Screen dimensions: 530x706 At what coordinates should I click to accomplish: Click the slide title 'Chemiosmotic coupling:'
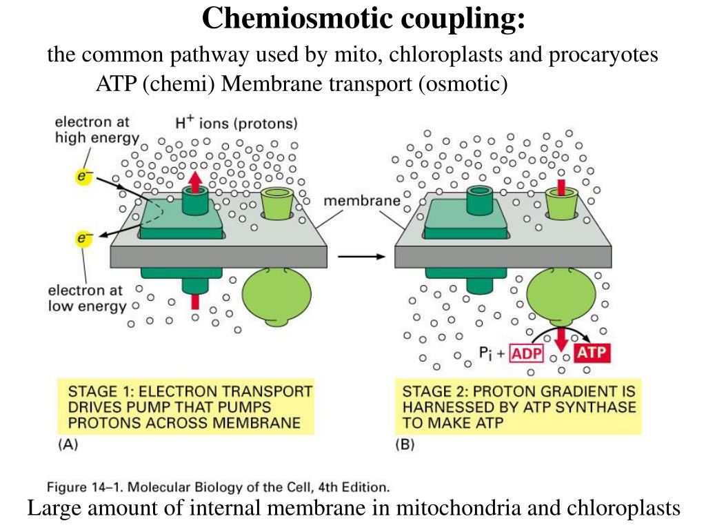pyautogui.click(x=363, y=19)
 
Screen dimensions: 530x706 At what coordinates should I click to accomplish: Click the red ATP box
pyautogui.click(x=591, y=353)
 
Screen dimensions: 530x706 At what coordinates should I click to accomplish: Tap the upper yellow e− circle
pyautogui.click(x=83, y=177)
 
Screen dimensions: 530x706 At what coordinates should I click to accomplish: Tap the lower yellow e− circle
pyautogui.click(x=83, y=239)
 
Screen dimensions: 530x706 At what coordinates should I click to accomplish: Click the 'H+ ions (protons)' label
pyautogui.click(x=236, y=124)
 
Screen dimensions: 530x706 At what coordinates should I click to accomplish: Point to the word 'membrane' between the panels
pyautogui.click(x=362, y=202)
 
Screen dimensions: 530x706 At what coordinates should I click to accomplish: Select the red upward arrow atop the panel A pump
pyautogui.click(x=195, y=181)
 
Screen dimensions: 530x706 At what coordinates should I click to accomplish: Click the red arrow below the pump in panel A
pyautogui.click(x=195, y=301)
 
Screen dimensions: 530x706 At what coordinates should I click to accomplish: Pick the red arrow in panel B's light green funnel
pyautogui.click(x=561, y=187)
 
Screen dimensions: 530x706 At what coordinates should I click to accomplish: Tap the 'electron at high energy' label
pyautogui.click(x=92, y=130)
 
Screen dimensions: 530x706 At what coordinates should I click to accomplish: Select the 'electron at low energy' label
pyautogui.click(x=86, y=298)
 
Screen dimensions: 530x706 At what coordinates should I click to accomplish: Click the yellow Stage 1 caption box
pyautogui.click(x=185, y=406)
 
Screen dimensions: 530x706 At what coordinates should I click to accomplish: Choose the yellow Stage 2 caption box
pyautogui.click(x=518, y=406)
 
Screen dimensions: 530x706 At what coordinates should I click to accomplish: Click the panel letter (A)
pyautogui.click(x=67, y=445)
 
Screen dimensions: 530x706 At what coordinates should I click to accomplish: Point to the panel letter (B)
pyautogui.click(x=405, y=445)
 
